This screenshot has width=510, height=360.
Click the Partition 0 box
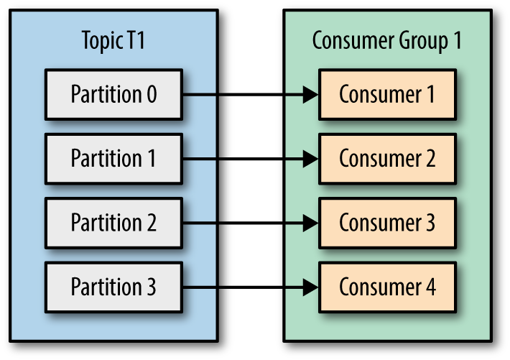pyautogui.click(x=113, y=94)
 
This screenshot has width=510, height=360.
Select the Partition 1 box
pyautogui.click(x=113, y=158)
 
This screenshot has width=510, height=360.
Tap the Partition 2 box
pyautogui.click(x=113, y=223)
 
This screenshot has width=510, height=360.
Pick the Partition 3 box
pyautogui.click(x=113, y=287)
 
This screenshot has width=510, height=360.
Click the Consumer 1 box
pyautogui.click(x=387, y=94)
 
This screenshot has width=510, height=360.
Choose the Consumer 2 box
pyautogui.click(x=387, y=158)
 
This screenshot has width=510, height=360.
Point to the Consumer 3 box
pyautogui.click(x=387, y=223)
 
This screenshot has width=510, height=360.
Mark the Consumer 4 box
pyautogui.click(x=387, y=287)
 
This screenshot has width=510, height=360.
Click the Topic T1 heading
pyautogui.click(x=113, y=40)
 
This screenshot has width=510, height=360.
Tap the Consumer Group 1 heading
pyautogui.click(x=386, y=40)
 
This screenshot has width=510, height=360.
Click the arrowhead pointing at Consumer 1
pyautogui.click(x=310, y=94)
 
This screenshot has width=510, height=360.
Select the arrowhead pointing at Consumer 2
pyautogui.click(x=310, y=158)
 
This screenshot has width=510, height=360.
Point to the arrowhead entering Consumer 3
pyautogui.click(x=310, y=223)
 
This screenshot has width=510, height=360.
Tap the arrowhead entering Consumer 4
pyautogui.click(x=310, y=287)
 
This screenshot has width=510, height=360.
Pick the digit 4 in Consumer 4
pyautogui.click(x=430, y=287)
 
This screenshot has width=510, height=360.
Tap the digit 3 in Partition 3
pyautogui.click(x=149, y=287)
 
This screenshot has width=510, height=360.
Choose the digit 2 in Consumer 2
pyautogui.click(x=430, y=158)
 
